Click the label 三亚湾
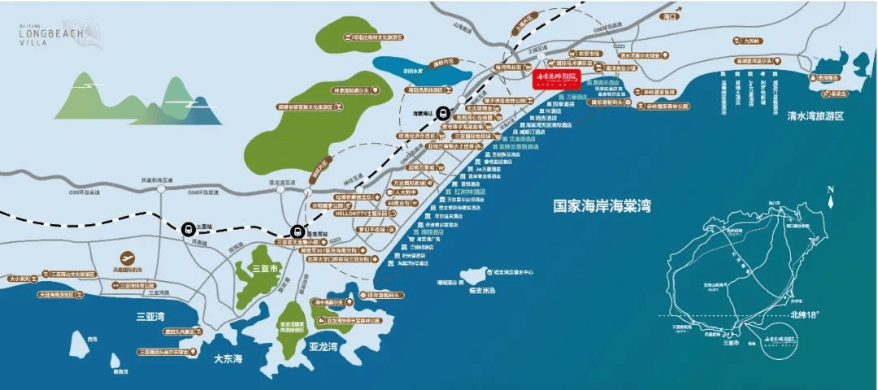[x=150, y=316]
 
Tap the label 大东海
[x=228, y=357]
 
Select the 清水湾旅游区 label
[x=805, y=116]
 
